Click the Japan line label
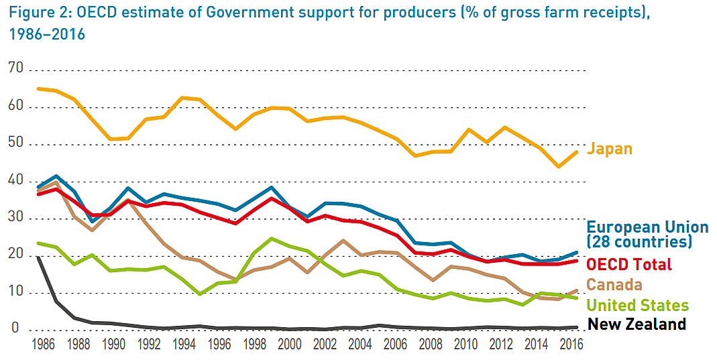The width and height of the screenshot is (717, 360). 609,149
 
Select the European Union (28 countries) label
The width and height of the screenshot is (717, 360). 647,234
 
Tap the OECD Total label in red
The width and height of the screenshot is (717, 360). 629,264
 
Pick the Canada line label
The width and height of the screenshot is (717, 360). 614,285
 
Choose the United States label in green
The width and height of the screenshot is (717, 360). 637,306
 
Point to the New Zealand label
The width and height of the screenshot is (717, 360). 637,324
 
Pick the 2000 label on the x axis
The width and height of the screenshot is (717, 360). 288,347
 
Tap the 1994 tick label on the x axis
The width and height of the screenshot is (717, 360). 183,347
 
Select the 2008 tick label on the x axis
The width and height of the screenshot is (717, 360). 429,347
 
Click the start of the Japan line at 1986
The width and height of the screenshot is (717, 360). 39,88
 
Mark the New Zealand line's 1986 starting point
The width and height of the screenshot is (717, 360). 39,257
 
